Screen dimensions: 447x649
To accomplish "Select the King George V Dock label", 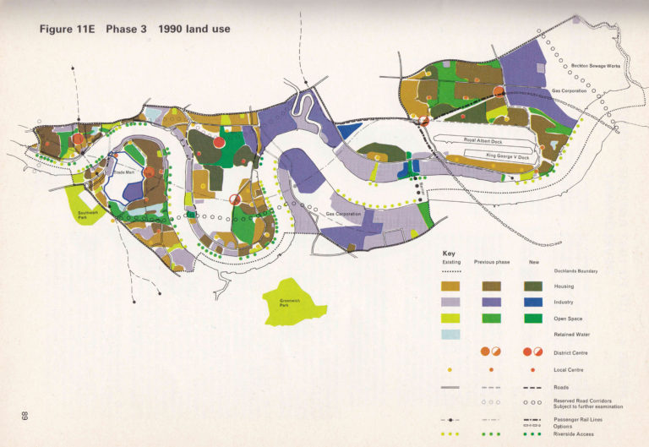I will click(505, 156).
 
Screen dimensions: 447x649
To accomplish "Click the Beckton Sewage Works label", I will click(596, 66).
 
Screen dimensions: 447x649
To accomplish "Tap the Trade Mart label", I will click(125, 173).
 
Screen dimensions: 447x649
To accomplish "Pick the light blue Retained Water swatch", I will click(453, 335).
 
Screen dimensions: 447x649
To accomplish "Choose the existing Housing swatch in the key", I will click(453, 286).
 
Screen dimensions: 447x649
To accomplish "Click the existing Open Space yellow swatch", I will click(453, 319).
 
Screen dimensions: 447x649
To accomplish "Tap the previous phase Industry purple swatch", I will click(493, 303).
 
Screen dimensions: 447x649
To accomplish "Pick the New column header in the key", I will click(533, 262).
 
